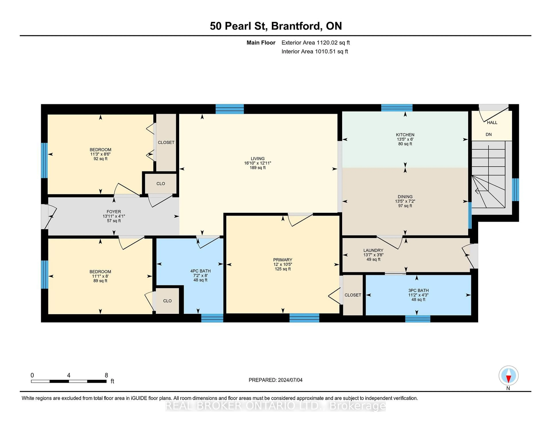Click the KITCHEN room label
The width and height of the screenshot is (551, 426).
(x=405, y=135)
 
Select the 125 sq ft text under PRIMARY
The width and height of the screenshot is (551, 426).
(x=283, y=269)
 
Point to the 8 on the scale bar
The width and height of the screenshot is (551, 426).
(x=106, y=375)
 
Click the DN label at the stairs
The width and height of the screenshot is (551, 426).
(x=488, y=134)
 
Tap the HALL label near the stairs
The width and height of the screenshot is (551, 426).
(x=492, y=123)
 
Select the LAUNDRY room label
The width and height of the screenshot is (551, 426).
(x=373, y=250)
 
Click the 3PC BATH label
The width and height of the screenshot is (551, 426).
(x=418, y=291)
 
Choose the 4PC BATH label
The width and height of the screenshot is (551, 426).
(x=200, y=271)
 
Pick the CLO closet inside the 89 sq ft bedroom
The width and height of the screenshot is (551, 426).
(x=167, y=301)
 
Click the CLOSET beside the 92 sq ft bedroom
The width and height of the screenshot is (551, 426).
(x=166, y=143)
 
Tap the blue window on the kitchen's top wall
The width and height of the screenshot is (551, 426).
(x=397, y=108)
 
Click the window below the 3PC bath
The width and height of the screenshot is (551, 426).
(x=418, y=319)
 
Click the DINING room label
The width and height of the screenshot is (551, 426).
(x=405, y=197)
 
